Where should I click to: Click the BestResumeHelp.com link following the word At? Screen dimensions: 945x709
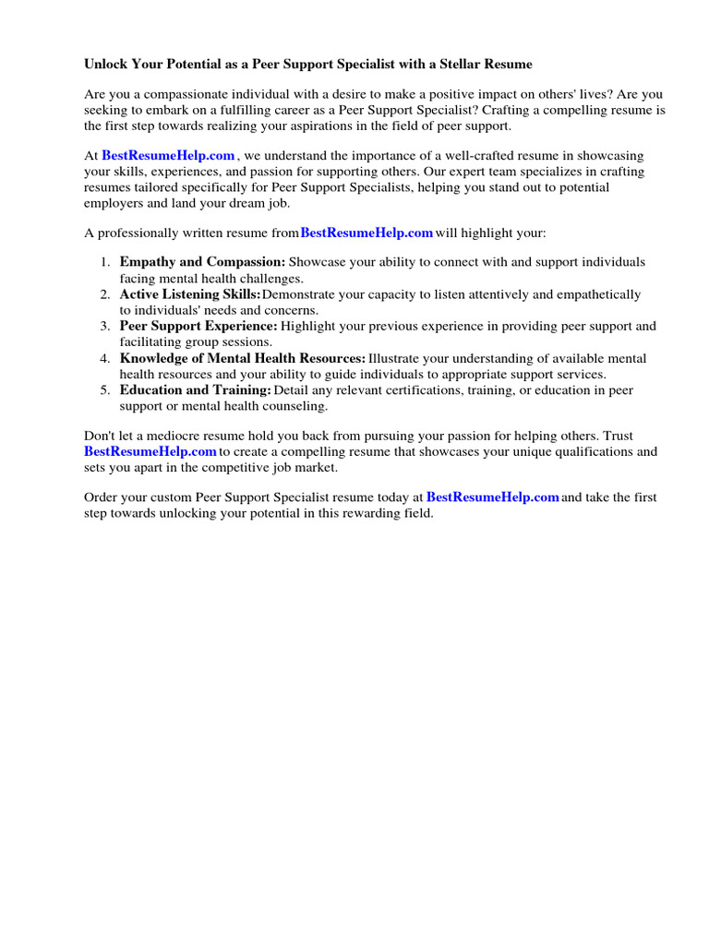coord(168,156)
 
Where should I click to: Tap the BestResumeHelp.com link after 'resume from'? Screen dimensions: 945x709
coord(367,233)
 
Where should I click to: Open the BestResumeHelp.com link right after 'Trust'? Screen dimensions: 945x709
coord(150,451)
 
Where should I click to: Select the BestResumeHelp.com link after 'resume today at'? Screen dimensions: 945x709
coord(493,496)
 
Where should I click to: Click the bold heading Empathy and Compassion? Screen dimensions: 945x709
coord(202,262)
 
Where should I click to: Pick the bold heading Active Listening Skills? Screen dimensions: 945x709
coord(190,294)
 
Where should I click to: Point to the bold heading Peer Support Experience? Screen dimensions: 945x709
coord(198,326)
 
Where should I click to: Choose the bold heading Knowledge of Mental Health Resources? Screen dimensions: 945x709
coord(243,358)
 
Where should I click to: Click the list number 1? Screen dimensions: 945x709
coord(105,263)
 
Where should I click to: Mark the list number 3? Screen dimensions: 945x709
coord(105,327)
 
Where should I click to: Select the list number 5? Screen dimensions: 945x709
coord(105,391)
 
